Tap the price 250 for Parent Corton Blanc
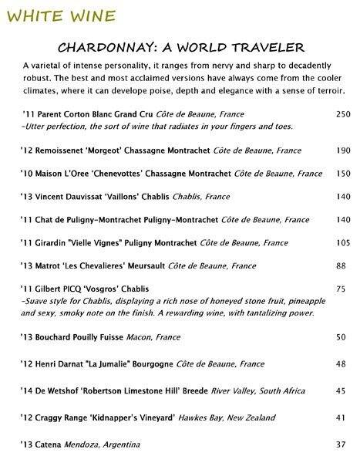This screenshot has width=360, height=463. [345, 114]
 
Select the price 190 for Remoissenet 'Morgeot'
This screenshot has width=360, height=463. [345, 150]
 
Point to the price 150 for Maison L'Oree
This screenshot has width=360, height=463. [345, 174]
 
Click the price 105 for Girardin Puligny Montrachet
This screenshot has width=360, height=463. [345, 242]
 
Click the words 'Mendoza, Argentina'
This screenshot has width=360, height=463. [105, 444]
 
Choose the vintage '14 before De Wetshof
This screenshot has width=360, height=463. [25, 390]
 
